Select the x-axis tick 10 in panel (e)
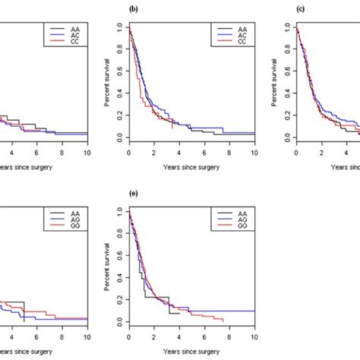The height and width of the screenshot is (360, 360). [x=254, y=335]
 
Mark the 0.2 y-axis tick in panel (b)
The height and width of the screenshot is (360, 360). [x=120, y=115]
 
